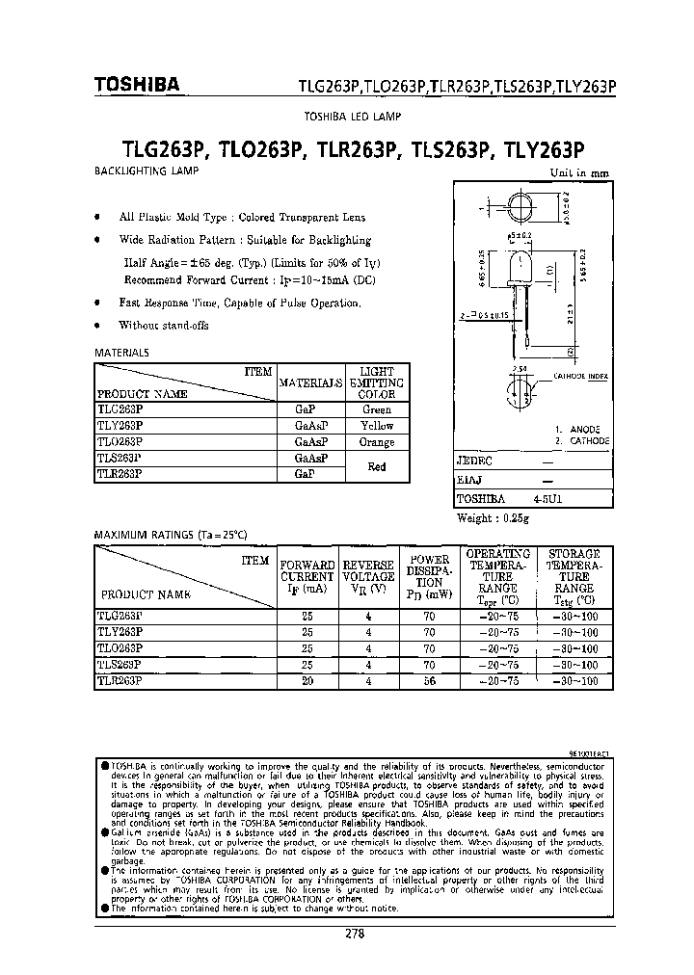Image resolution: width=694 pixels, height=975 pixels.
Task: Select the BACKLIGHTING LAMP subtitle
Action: click(146, 171)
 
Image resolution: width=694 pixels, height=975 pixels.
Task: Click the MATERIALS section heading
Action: click(122, 353)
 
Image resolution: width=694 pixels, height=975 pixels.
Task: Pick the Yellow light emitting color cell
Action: click(377, 426)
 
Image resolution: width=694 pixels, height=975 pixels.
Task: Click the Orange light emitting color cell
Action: click(377, 442)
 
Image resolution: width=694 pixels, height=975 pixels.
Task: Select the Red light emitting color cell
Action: click(377, 466)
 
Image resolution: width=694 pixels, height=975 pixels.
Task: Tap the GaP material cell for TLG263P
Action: click(305, 409)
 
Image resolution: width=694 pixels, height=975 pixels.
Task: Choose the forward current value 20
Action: click(307, 680)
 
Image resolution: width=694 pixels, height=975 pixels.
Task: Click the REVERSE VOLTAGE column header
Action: click(368, 576)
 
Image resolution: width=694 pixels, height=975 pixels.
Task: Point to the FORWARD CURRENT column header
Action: click(307, 576)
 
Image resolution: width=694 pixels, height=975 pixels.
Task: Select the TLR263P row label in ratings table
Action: click(120, 680)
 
